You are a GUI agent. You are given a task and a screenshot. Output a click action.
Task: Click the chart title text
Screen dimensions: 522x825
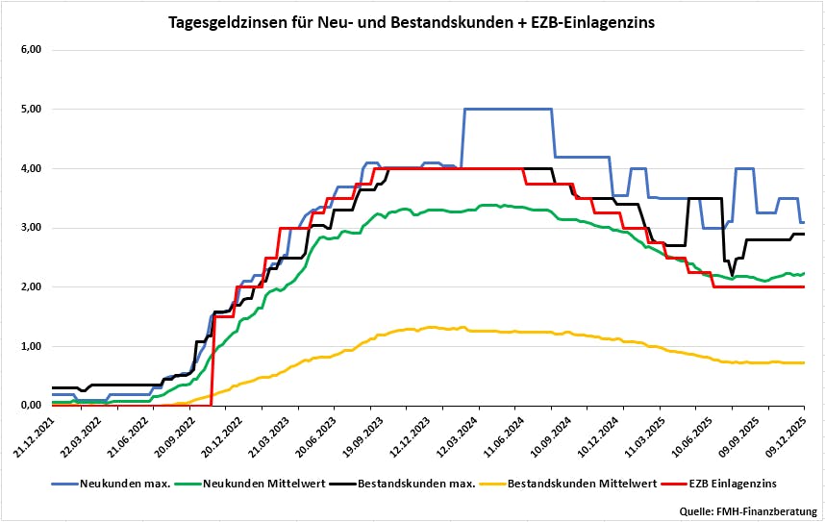pyautogui.click(x=412, y=21)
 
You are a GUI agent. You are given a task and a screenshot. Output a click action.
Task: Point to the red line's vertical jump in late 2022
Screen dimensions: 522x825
pyautogui.click(x=212, y=360)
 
